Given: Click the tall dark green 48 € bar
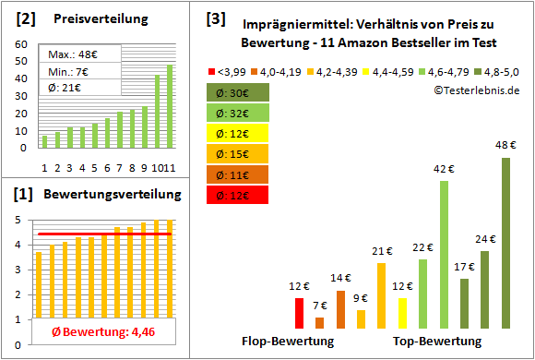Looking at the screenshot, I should (x=505, y=244).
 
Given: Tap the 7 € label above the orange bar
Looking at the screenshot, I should (x=319, y=305).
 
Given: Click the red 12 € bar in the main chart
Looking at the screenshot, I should (x=299, y=313).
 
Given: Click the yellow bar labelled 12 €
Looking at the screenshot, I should (x=402, y=313).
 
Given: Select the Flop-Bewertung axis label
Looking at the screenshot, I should (x=288, y=342).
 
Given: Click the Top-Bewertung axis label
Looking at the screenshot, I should (x=437, y=342).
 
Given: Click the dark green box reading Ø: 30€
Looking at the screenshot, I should (x=238, y=92).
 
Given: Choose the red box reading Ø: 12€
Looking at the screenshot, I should (x=238, y=195).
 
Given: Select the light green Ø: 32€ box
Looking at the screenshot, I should (x=238, y=113).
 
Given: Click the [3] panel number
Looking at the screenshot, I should (x=215, y=18).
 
